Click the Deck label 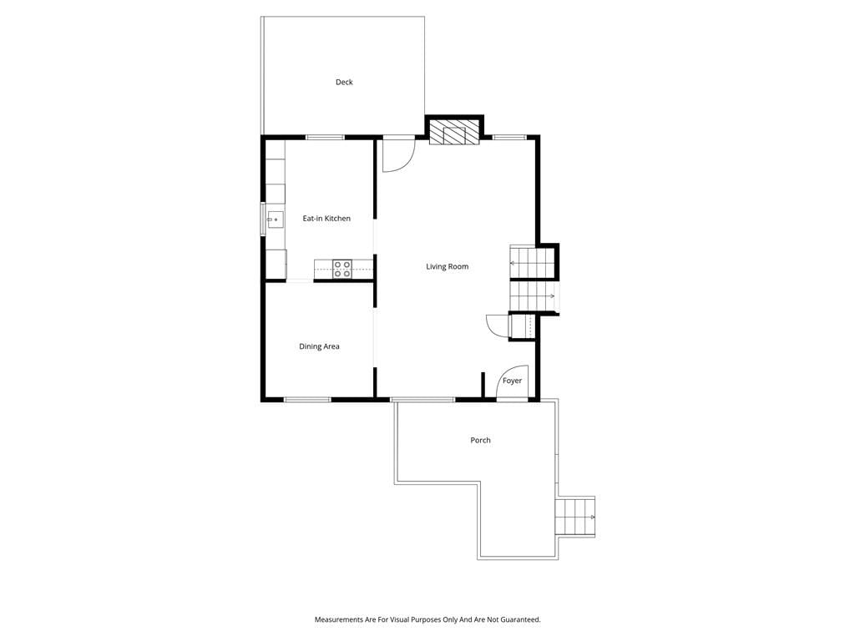344,83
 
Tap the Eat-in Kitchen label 326,219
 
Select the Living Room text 448,266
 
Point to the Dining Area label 319,346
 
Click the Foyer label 512,381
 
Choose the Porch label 480,441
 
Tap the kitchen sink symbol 275,220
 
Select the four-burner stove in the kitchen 342,270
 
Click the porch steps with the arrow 575,517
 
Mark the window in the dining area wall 307,400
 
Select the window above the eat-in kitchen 325,138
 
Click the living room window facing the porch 422,400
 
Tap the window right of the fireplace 510,138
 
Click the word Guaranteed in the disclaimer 521,620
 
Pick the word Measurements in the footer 339,620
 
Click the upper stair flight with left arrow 532,263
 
